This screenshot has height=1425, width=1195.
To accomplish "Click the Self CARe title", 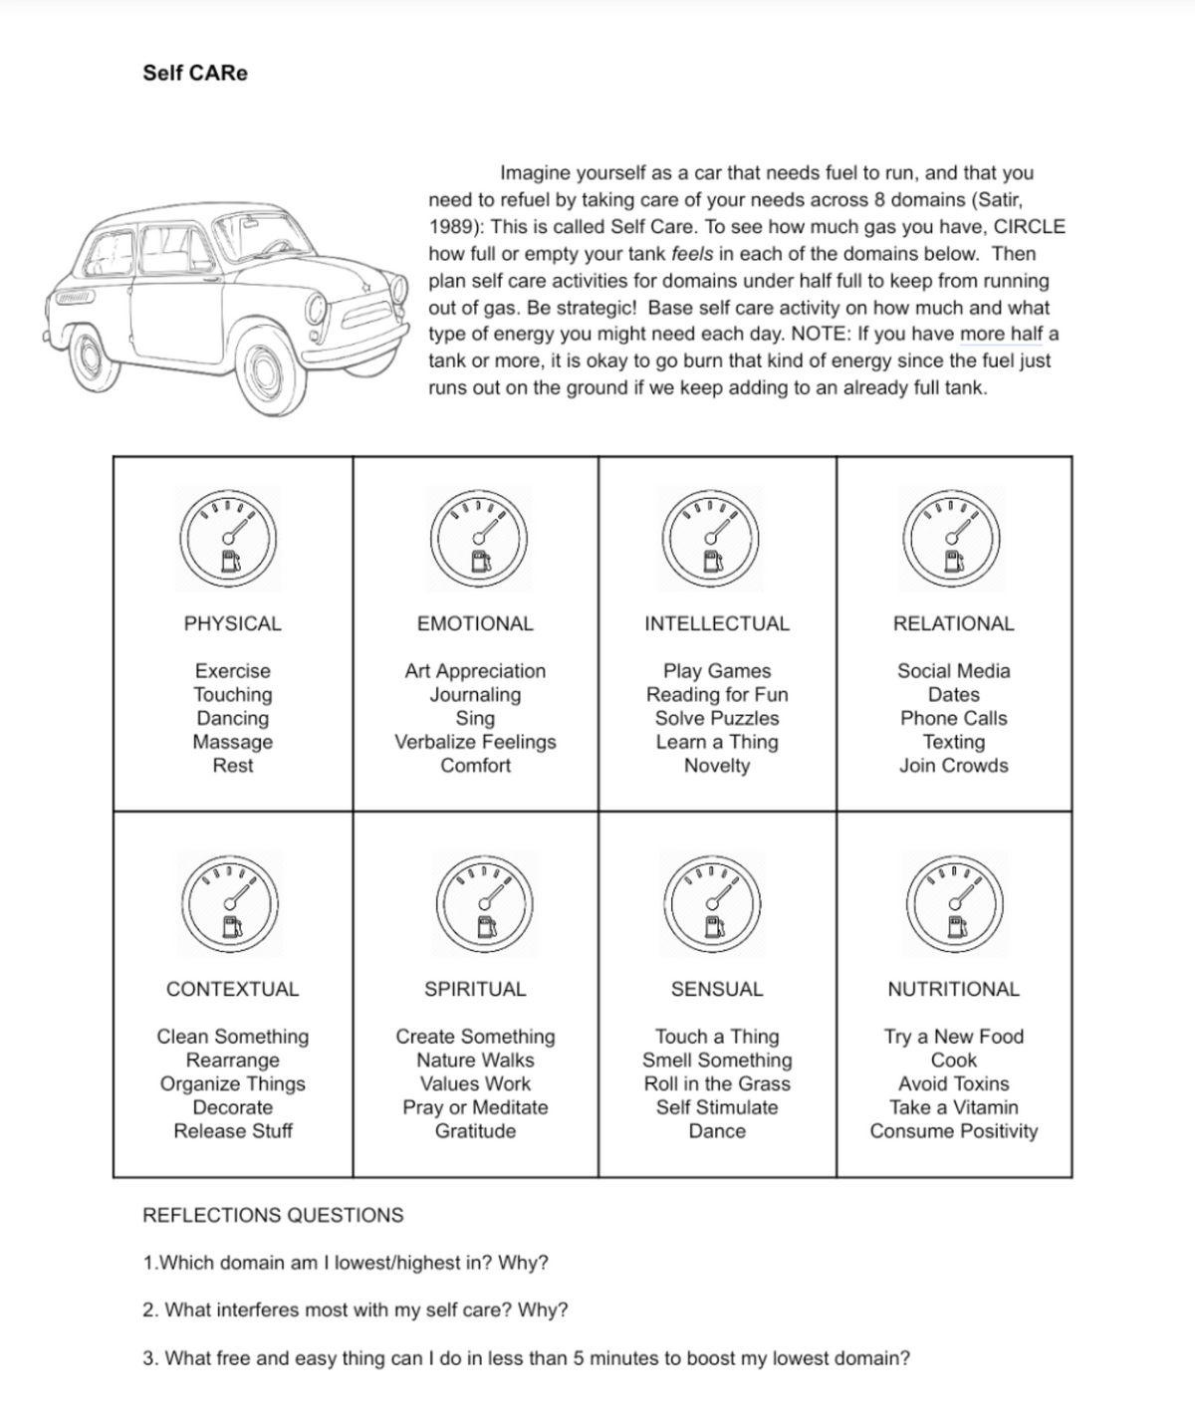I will pyautogui.click(x=195, y=73).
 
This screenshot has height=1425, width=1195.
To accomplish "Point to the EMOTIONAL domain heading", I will pyautogui.click(x=475, y=623).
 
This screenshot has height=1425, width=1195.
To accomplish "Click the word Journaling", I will pyautogui.click(x=475, y=694).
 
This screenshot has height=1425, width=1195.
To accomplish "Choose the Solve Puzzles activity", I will pyautogui.click(x=717, y=718).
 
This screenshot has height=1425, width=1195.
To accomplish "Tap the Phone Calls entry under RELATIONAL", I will pyautogui.click(x=953, y=718).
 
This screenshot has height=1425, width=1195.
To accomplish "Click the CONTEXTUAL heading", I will pyautogui.click(x=232, y=989).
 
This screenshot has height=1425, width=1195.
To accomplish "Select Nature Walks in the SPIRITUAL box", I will pyautogui.click(x=475, y=1060).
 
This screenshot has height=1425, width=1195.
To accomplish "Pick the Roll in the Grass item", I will pyautogui.click(x=717, y=1083).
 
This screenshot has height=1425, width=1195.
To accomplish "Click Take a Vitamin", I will pyautogui.click(x=954, y=1107).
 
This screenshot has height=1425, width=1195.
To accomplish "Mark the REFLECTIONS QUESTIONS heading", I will pyautogui.click(x=273, y=1215).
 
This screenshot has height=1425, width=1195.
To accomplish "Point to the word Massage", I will pyautogui.click(x=232, y=742).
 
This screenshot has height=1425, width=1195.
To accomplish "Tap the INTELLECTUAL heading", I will pyautogui.click(x=717, y=623).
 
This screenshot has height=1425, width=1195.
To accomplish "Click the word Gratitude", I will pyautogui.click(x=475, y=1131).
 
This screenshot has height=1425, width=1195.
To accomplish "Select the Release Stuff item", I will pyautogui.click(x=233, y=1131).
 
